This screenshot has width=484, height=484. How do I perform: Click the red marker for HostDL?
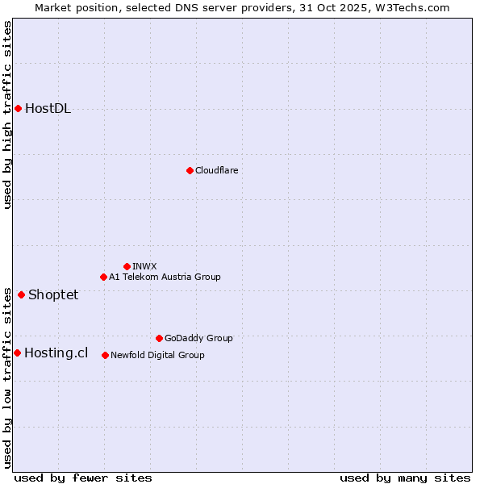(x=18, y=108)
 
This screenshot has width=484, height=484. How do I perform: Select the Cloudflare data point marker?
(x=190, y=170)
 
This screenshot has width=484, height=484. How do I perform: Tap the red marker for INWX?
(x=127, y=266)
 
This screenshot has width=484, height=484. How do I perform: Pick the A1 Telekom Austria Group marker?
(x=103, y=277)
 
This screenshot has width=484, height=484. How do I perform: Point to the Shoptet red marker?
(x=21, y=294)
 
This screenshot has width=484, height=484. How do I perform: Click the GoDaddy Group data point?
(x=159, y=338)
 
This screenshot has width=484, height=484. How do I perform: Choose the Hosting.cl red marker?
(x=17, y=353)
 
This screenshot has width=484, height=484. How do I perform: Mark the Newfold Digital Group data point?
(x=105, y=355)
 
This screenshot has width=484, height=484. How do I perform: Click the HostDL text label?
(x=48, y=109)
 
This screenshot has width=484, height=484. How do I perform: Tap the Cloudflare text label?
(x=216, y=170)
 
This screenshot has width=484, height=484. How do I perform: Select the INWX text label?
(x=144, y=266)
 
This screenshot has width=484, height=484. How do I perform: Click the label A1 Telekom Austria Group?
(x=165, y=277)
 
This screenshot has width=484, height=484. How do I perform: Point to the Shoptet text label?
(x=53, y=294)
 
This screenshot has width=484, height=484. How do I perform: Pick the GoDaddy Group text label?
(x=198, y=338)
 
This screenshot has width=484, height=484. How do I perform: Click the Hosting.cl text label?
(x=56, y=353)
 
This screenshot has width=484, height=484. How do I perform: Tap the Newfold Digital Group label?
(x=157, y=355)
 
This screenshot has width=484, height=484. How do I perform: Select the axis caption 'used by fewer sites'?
(x=83, y=478)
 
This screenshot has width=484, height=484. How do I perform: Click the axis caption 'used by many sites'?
(x=405, y=478)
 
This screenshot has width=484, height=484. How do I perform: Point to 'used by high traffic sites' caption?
(x=7, y=115)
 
